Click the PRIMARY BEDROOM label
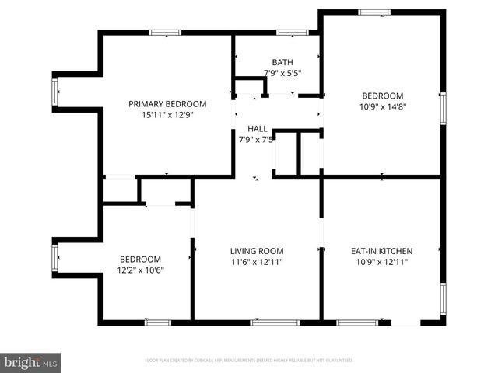pos(167,104)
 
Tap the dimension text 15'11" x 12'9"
pos(167,115)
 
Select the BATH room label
pos(282,62)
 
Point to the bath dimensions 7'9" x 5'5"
pos(282,73)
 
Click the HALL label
pos(257,129)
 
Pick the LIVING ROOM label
pos(257,251)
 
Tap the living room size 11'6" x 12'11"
pos(257,262)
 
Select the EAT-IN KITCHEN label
pos(381,251)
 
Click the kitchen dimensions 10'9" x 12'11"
pos(381,262)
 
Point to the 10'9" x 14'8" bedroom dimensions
pos(381,107)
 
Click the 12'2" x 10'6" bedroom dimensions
pos(140,270)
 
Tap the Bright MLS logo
pos(31,362)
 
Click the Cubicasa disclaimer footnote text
pos(249,361)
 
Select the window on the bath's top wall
pos(293,32)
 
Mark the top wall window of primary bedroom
pos(165,32)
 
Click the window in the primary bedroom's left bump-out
pos(54,92)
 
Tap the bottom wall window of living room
pos(275,322)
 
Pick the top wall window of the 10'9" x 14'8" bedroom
pos(374,12)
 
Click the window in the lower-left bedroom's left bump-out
pos(54,256)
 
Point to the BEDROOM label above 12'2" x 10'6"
pos(140,260)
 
